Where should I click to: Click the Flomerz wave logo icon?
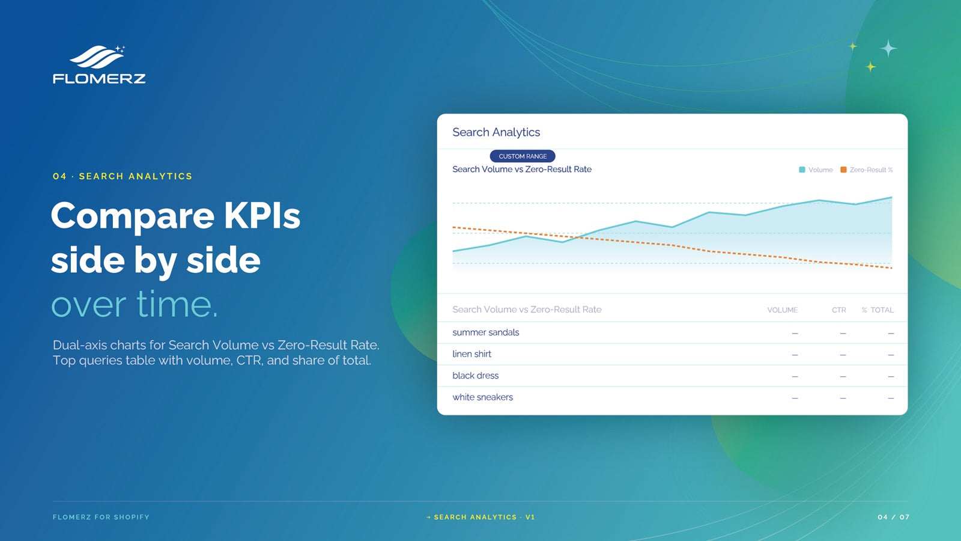coord(97,57)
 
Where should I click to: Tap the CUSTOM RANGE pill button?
coord(523,156)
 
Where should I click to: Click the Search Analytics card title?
coord(496,132)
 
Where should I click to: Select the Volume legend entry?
coord(816,170)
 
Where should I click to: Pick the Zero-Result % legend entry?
coord(867,170)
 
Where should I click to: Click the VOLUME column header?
coord(783,310)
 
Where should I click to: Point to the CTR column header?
coord(838,310)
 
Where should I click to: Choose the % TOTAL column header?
coord(878,310)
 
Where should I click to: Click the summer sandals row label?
coord(486,332)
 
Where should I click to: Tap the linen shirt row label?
coord(471,354)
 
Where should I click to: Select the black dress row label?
coord(475,376)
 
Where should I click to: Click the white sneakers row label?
coord(483,397)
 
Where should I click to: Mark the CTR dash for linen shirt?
coord(843,355)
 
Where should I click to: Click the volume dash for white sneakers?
coord(795,399)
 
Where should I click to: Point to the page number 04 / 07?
coord(894,517)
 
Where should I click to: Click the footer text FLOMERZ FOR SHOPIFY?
coord(101,517)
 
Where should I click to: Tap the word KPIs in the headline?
coord(262,216)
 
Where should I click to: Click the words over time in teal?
coord(135,304)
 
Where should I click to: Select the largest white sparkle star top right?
coord(888,48)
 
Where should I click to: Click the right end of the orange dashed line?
coord(892,268)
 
